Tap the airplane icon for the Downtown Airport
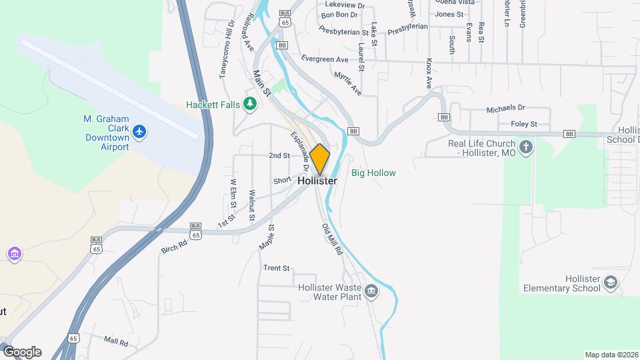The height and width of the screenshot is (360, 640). [139, 132]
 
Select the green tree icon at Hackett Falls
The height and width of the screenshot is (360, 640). [250, 104]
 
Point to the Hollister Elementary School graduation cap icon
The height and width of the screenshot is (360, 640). [609, 283]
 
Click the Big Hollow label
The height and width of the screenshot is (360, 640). [373, 173]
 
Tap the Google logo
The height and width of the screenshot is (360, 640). [21, 352]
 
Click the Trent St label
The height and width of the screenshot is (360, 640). [277, 269]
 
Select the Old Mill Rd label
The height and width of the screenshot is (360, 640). [331, 240]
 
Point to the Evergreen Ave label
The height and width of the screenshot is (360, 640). [325, 59]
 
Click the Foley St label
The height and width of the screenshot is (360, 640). [523, 124]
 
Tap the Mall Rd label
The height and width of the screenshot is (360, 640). [115, 342]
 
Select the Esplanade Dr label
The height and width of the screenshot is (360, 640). [299, 147]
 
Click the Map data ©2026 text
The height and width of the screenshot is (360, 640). [611, 355]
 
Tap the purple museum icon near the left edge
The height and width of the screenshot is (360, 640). [14, 254]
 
